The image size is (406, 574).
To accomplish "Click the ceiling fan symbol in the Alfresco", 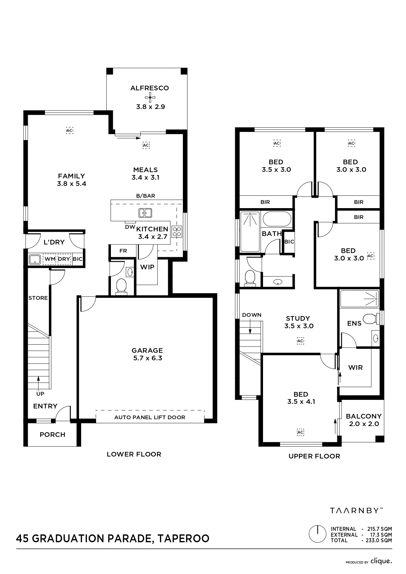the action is click(150, 97).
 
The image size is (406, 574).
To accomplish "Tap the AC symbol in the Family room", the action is click(69, 131).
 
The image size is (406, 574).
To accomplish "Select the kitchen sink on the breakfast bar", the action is click(145, 213).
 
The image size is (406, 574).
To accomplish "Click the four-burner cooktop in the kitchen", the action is click(177, 232).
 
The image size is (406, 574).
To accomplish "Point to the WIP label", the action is click(147, 267).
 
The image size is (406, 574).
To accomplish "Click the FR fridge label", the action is click(123, 251).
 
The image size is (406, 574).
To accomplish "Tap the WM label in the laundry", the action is click(50, 259).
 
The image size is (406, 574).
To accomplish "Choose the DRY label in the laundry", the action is click(64, 259).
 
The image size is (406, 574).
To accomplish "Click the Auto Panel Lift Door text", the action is click(150, 417).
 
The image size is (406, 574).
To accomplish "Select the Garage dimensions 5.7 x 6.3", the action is click(148, 358).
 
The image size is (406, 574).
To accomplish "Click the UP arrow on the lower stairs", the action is click(39, 383).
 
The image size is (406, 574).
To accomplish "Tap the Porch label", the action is click(52, 435).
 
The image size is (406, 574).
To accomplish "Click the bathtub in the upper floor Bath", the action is click(277, 219).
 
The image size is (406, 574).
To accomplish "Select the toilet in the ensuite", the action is click(371, 319).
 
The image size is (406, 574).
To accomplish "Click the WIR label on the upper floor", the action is click(355, 368).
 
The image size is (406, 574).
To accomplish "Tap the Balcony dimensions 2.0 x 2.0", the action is click(364, 424).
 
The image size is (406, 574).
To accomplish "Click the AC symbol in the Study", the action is click(300, 341).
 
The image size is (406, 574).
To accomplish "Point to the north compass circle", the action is click(317, 534).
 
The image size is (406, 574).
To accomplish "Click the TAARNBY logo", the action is click(356, 510).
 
